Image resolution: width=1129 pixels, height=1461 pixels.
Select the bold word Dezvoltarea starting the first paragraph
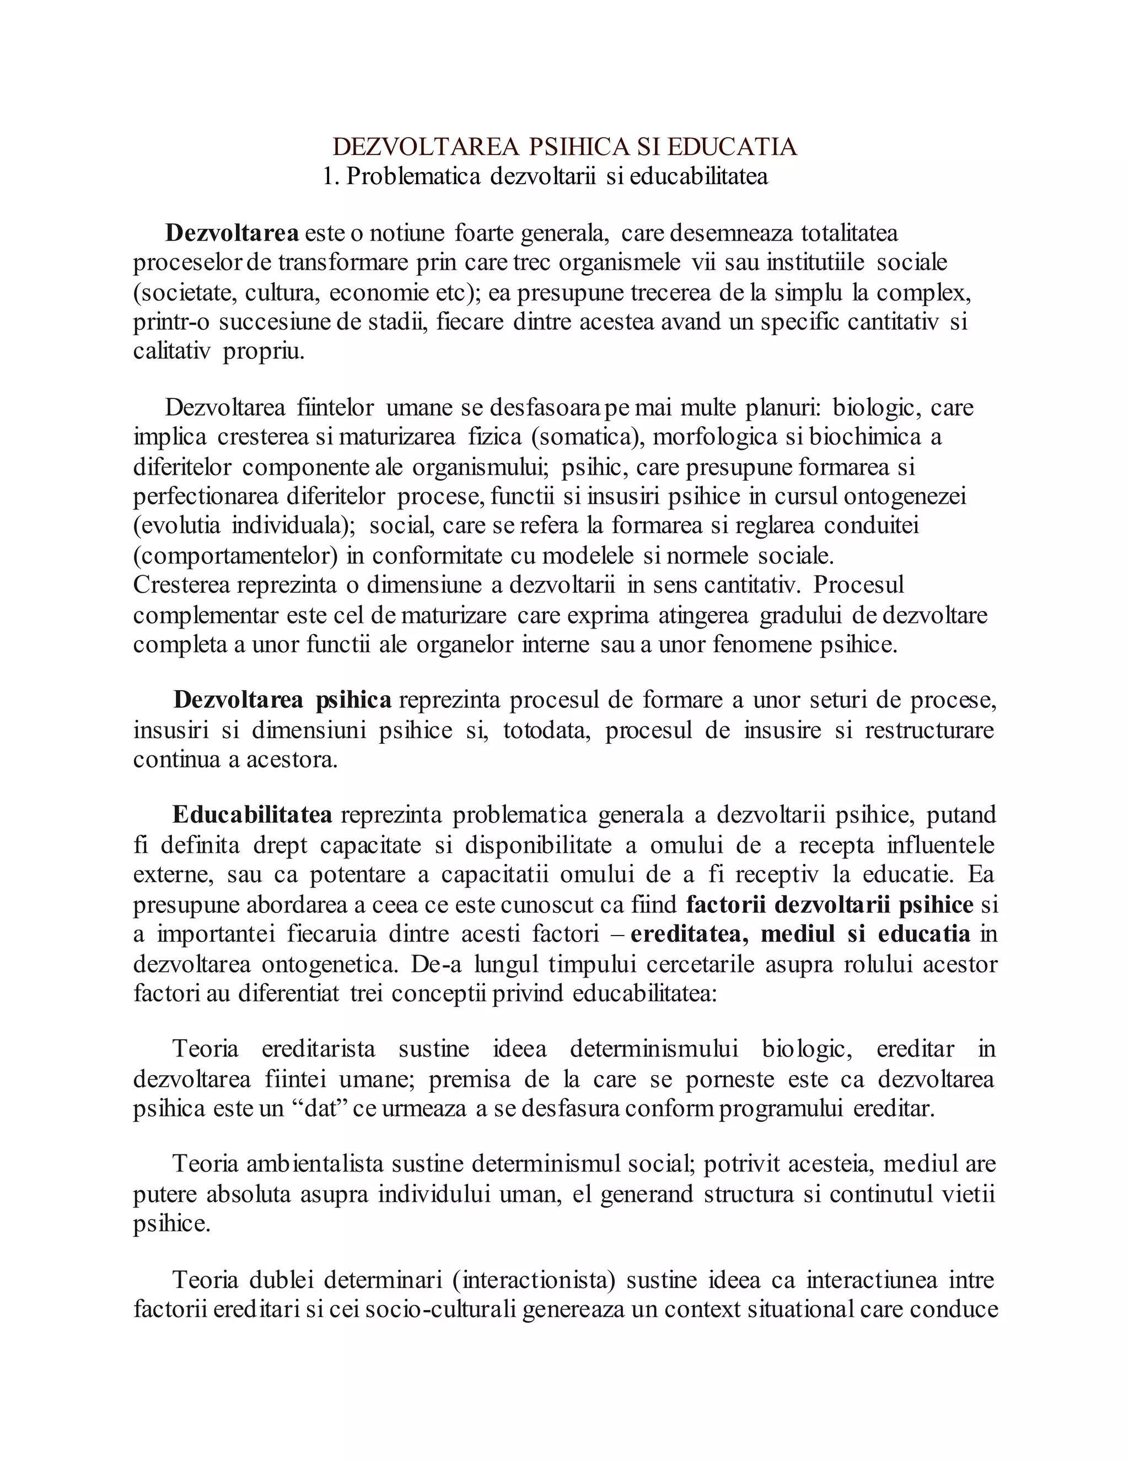232,233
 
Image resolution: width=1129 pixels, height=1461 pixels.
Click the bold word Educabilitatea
252,815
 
